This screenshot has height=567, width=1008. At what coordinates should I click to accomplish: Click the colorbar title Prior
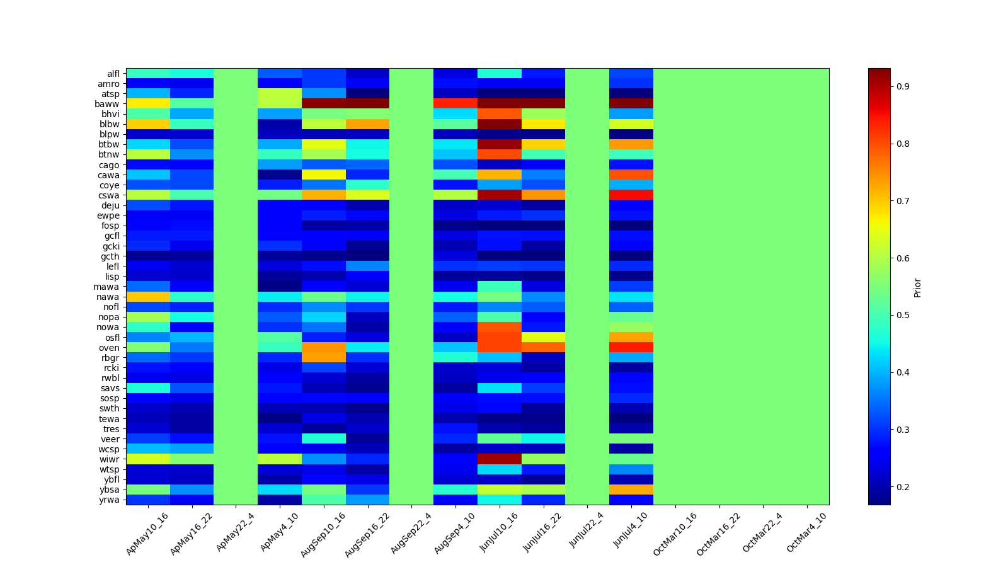tap(917, 287)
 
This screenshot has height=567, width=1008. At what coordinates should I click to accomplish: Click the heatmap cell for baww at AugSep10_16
tap(324, 104)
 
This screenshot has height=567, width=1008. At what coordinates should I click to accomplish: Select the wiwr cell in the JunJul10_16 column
tap(500, 459)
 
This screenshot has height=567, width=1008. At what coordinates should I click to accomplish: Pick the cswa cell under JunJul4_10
tap(631, 195)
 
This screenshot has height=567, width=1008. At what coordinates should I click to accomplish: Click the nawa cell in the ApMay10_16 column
tap(148, 297)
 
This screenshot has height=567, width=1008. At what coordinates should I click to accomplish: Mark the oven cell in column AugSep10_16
tap(324, 347)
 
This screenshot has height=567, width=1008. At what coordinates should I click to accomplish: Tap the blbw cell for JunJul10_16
tap(500, 124)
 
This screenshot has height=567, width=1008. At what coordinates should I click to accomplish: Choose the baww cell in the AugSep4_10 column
tap(455, 104)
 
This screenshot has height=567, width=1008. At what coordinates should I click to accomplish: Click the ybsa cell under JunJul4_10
tap(631, 490)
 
